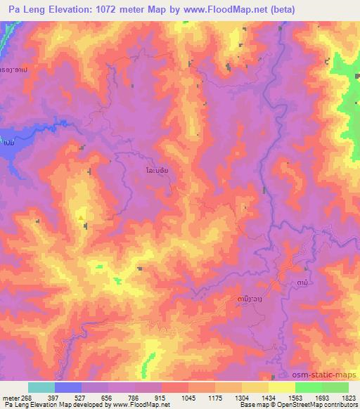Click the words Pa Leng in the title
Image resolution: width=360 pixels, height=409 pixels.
21,9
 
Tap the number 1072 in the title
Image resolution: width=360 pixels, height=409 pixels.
98,9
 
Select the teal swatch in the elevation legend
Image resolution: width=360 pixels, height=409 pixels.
41,387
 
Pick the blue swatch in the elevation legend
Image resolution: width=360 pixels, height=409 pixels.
67,387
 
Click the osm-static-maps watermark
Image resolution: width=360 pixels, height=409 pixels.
329,375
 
